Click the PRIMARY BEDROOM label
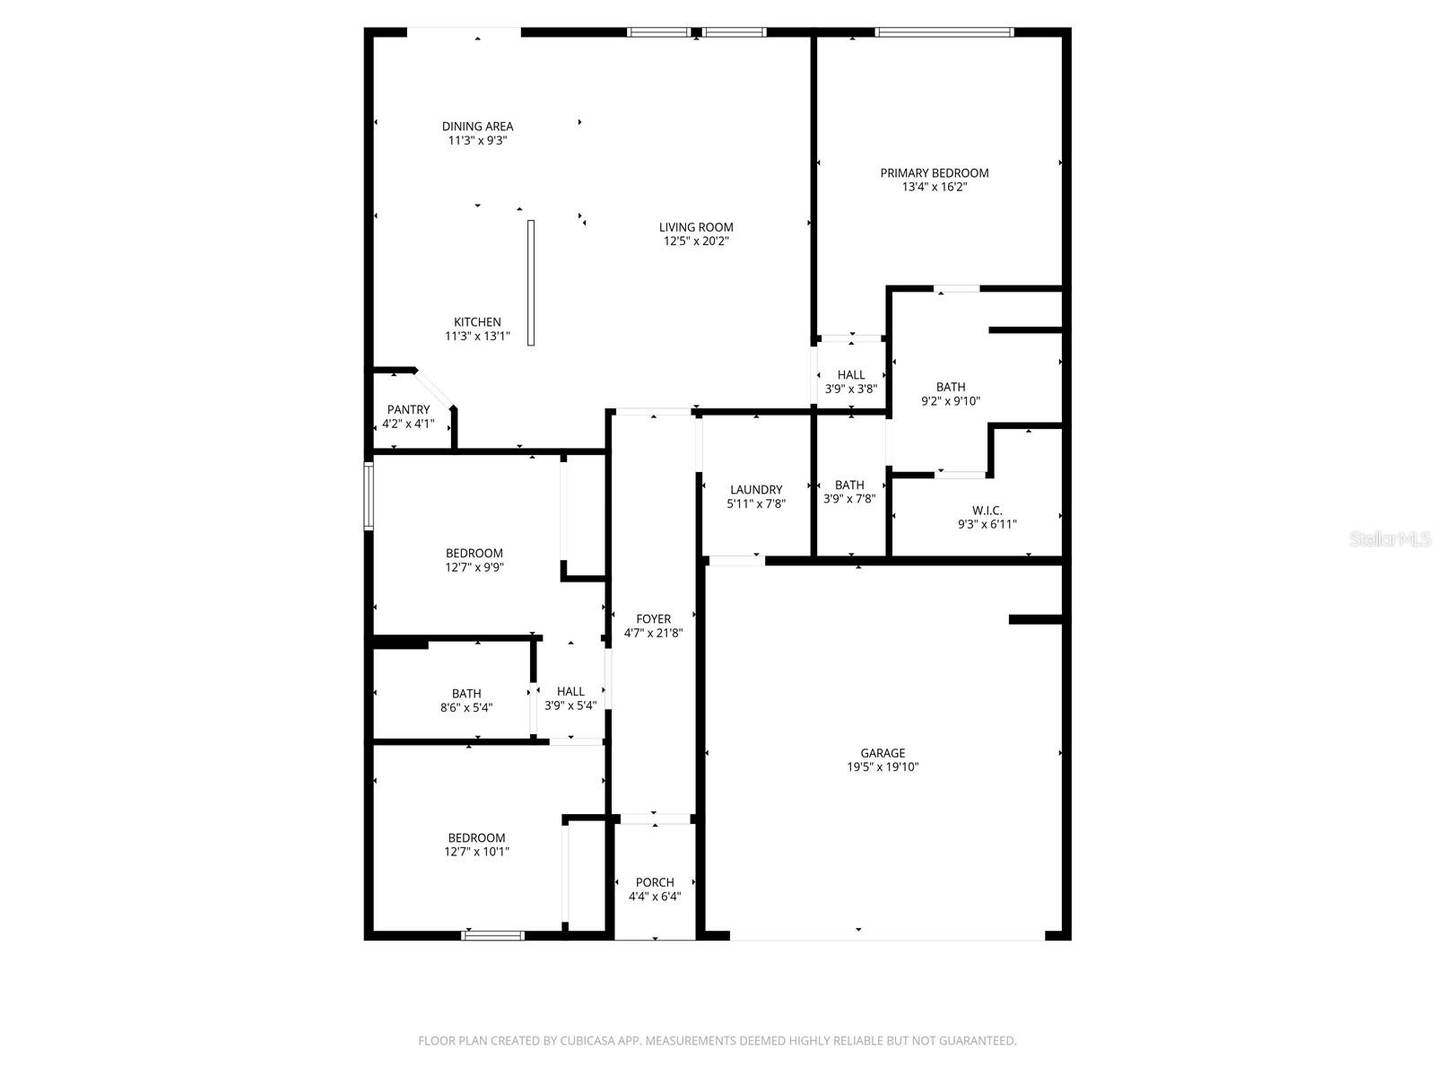click(x=934, y=173)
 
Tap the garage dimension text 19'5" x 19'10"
click(x=883, y=767)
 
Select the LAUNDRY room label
click(x=756, y=490)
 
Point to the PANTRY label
click(x=408, y=410)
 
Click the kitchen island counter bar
click(x=531, y=283)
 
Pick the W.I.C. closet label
click(x=987, y=511)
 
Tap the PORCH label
click(x=655, y=882)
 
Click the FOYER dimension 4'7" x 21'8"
click(x=654, y=633)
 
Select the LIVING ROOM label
click(x=696, y=227)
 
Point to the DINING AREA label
click(x=477, y=127)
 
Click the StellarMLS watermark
click(x=1390, y=538)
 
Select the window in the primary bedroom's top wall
click(x=944, y=32)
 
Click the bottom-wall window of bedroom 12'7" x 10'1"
click(x=492, y=935)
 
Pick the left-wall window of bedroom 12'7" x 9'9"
click(x=368, y=495)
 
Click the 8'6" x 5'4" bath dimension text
click(x=466, y=707)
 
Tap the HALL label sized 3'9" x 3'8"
click(x=851, y=375)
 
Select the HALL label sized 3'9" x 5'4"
click(x=570, y=691)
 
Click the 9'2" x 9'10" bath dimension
click(x=951, y=401)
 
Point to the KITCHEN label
click(x=477, y=322)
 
